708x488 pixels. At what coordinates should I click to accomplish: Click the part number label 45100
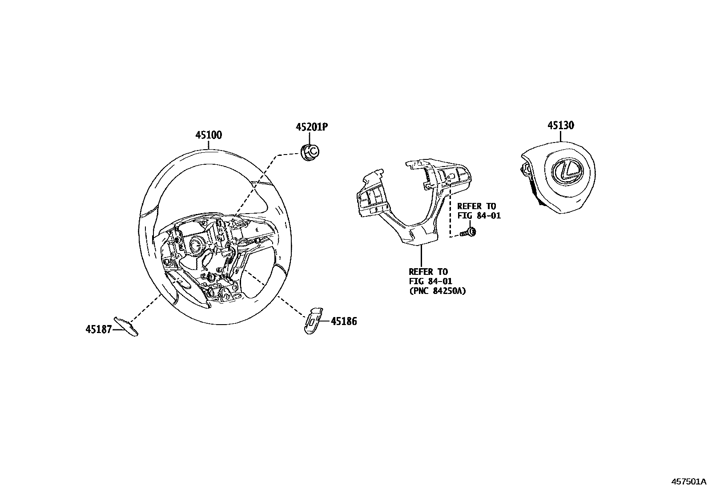click(209, 135)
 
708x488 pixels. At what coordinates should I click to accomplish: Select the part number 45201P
click(312, 127)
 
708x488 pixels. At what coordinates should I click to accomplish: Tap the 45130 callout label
click(560, 126)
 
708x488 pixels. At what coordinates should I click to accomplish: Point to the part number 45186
click(343, 321)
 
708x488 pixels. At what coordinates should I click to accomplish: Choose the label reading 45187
click(99, 329)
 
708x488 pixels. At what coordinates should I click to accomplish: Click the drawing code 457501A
click(688, 481)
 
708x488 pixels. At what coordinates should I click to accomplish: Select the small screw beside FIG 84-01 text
click(469, 232)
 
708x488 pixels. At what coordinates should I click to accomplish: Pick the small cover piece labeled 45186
click(313, 319)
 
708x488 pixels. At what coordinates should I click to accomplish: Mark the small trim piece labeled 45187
click(127, 326)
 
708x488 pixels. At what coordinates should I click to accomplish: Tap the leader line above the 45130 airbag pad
click(560, 135)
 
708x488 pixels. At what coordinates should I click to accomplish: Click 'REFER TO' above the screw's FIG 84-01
click(476, 206)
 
